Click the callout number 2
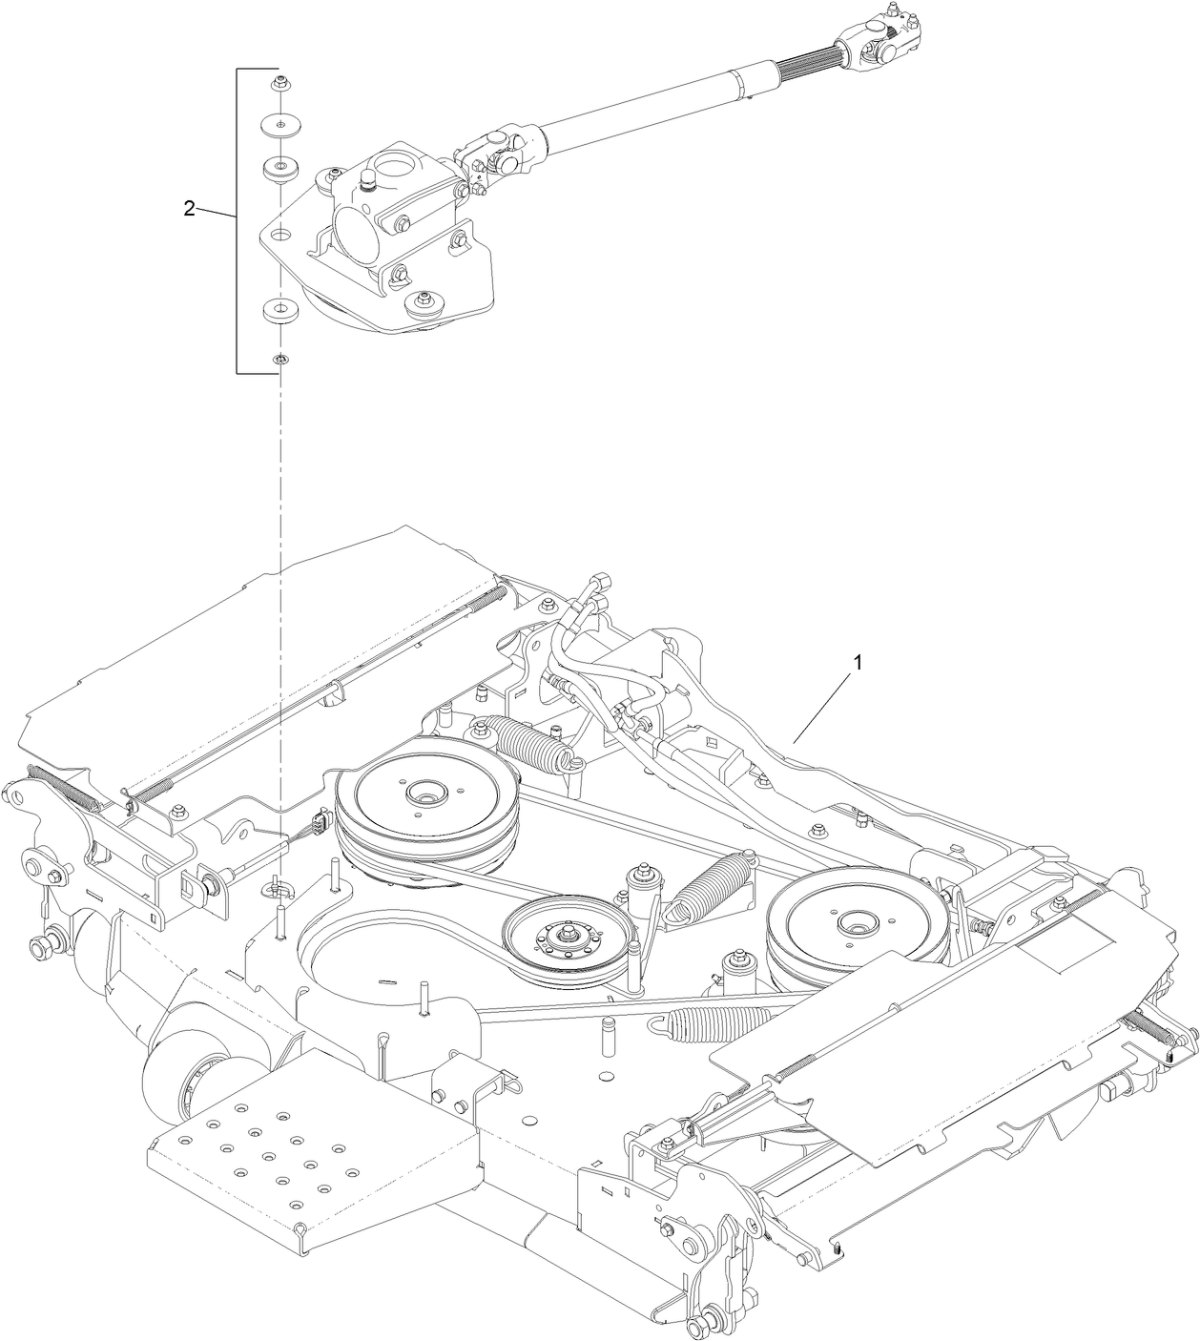coord(189,209)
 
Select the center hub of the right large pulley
coord(852,923)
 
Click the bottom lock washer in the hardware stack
coord(280,360)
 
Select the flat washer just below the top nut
coord(280,122)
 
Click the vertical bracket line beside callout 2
coord(238,220)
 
